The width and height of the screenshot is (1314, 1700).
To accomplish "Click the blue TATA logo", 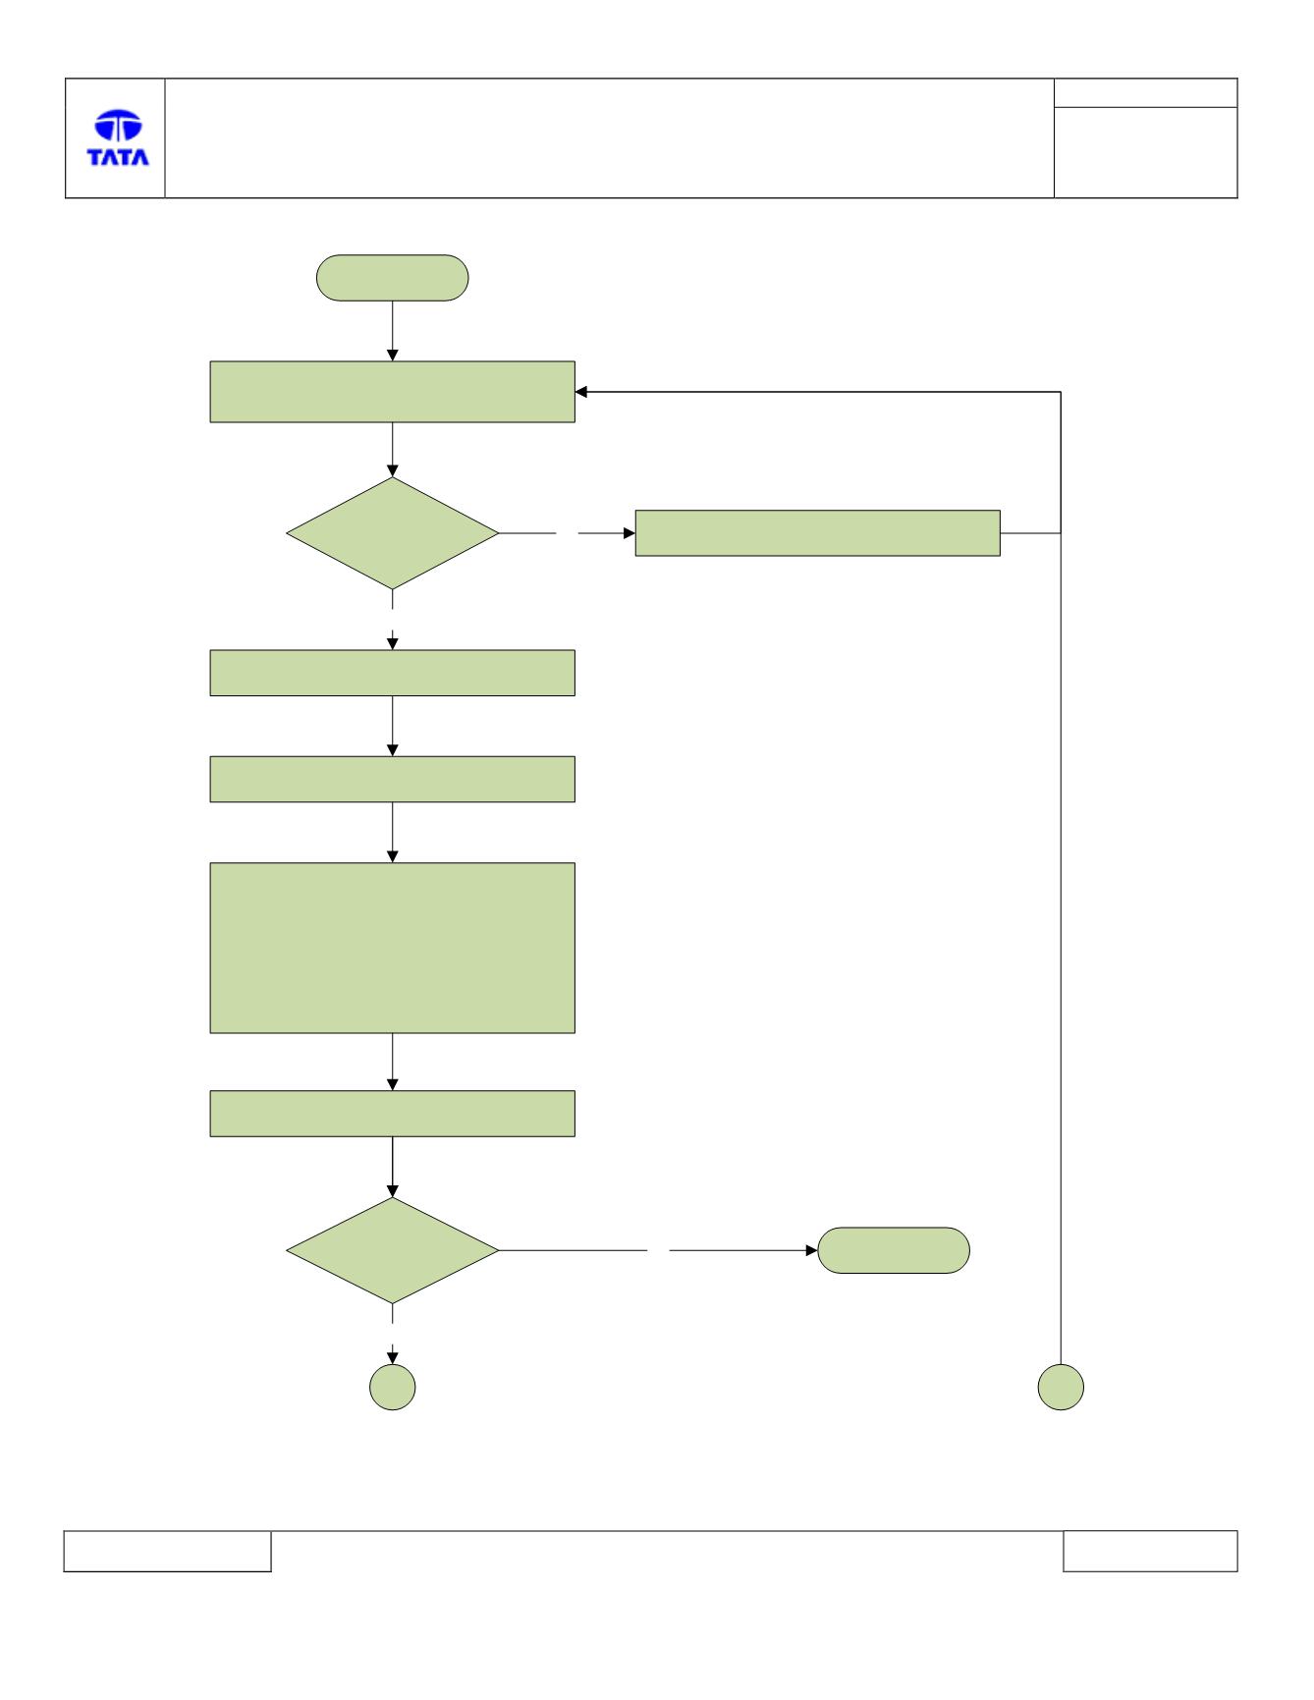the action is pos(118,137).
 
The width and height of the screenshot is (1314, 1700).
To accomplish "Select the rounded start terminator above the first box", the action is pos(392,278).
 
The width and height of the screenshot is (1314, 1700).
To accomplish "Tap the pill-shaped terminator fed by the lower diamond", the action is pos(894,1250).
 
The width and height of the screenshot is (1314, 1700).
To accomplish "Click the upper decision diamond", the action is pos(393,533).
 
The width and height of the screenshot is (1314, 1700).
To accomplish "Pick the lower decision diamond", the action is pos(393,1250).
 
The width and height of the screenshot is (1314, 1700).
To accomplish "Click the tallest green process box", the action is pos(393,948).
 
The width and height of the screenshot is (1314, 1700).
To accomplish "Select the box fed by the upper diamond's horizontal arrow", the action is pos(818,533).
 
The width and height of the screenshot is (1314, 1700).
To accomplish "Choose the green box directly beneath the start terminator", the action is pos(393,392).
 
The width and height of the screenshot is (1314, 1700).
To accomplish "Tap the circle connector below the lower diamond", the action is pos(393,1388).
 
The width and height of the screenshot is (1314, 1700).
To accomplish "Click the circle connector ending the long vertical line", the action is pos(1061,1388).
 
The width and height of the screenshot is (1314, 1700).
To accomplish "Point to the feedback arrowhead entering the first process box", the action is pos(581,392).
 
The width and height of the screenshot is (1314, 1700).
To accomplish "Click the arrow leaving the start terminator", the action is pos(393,331).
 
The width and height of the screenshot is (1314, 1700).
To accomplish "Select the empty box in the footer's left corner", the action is pos(167,1551).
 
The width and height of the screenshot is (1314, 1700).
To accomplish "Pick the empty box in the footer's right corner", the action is pos(1150,1551).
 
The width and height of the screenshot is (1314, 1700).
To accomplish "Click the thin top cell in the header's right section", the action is pos(1146,93).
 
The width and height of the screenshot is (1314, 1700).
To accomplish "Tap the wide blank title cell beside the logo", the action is pos(610,138).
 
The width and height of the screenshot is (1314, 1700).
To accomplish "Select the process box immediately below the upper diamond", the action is pos(393,673).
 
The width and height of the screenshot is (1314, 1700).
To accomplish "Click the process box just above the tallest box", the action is pos(393,779).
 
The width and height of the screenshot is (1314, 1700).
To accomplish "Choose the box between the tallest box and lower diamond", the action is pos(393,1114).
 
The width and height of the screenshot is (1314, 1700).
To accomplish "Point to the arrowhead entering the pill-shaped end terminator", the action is pos(812,1250).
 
